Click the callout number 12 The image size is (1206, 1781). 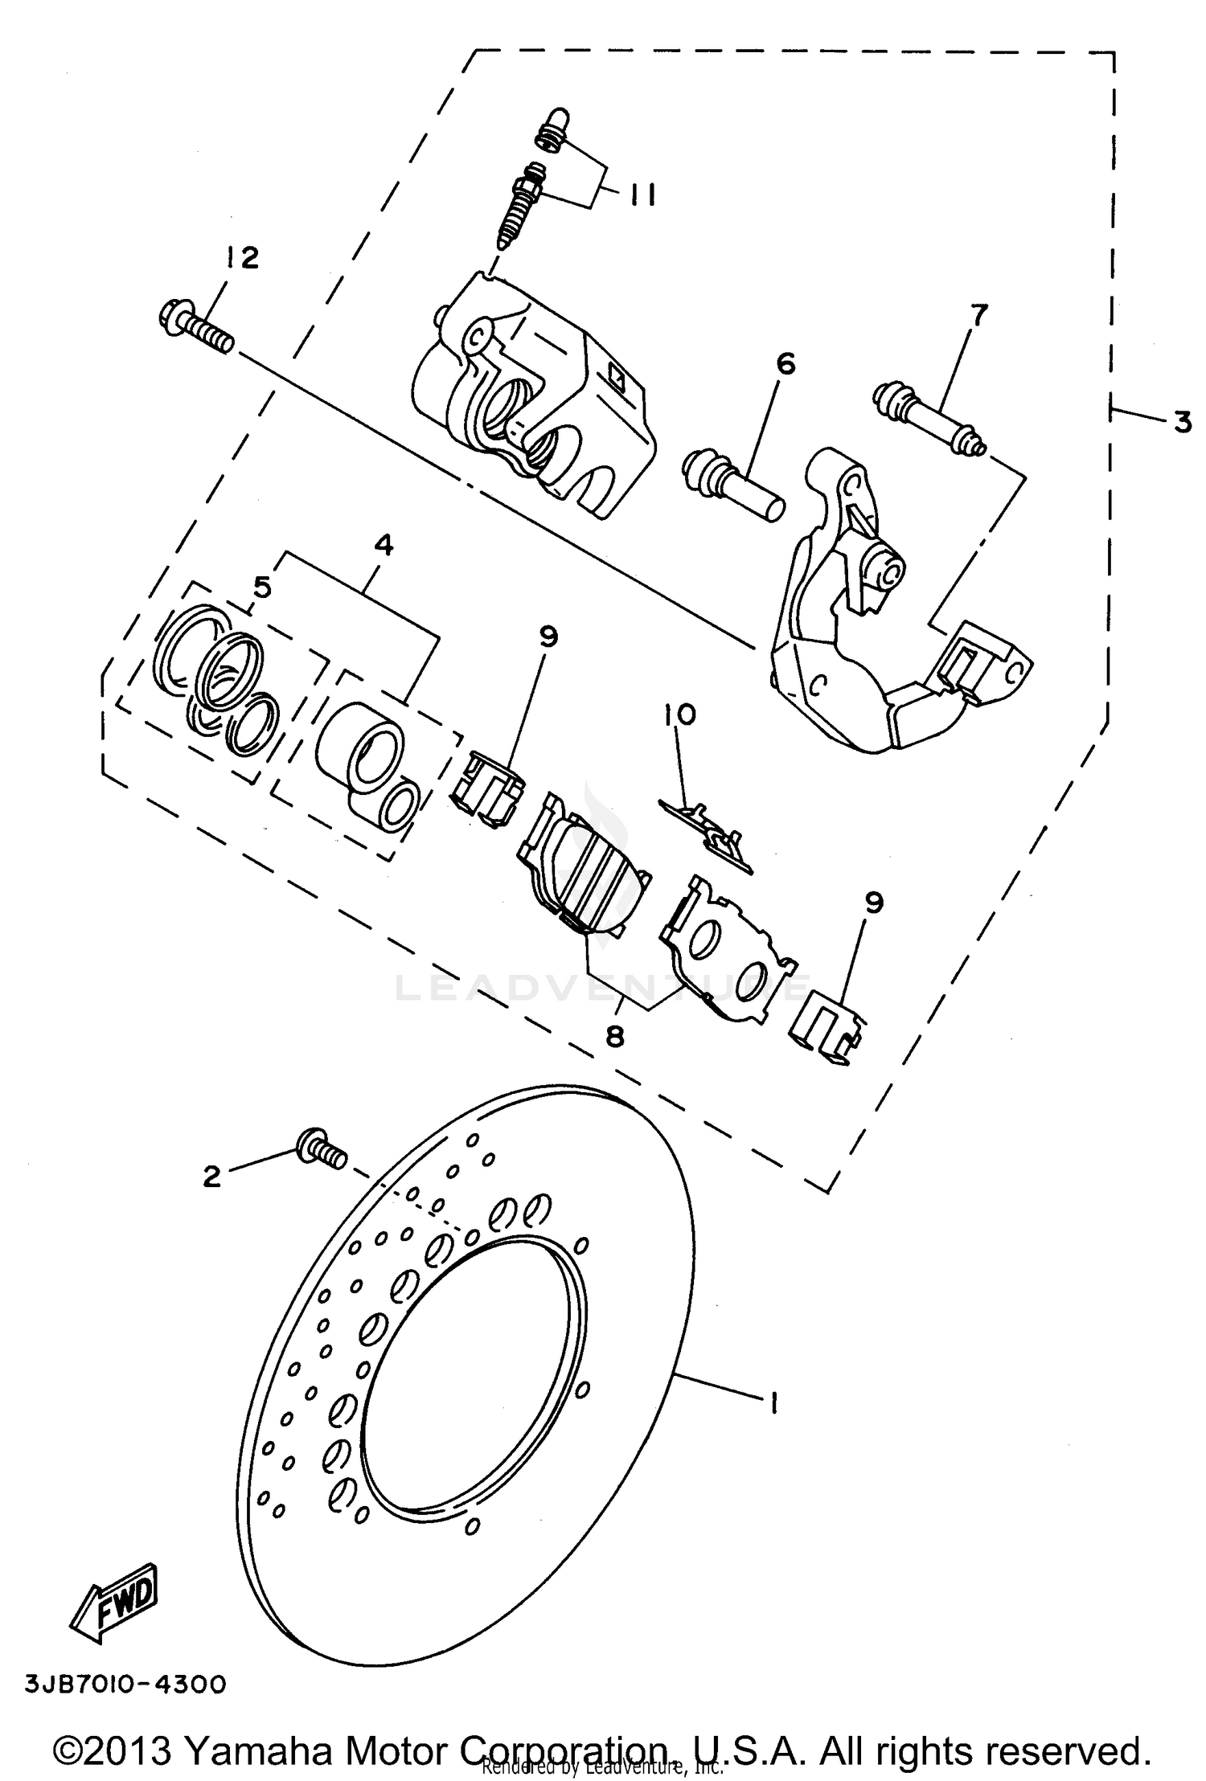point(242,259)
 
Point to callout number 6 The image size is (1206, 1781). point(785,364)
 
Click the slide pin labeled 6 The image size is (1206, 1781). point(734,486)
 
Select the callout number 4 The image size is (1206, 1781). point(384,546)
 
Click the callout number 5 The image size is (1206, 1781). point(262,588)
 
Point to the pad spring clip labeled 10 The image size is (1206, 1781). point(708,835)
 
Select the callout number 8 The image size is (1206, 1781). point(614,1037)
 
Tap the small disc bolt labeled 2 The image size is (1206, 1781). point(322,1148)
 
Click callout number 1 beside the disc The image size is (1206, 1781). point(773,1403)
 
